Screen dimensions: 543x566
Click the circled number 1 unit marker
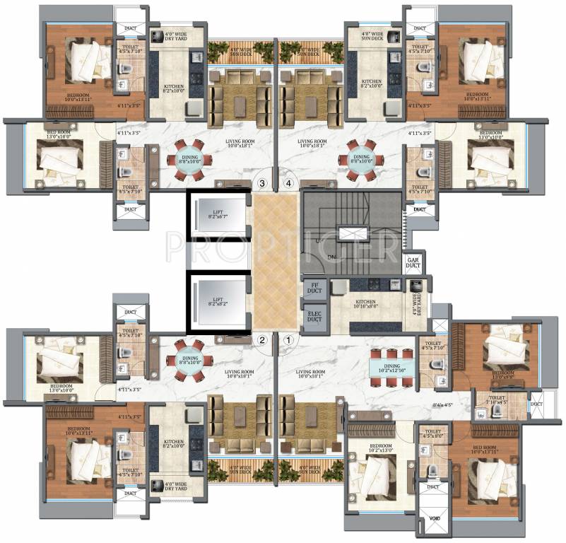click(x=288, y=339)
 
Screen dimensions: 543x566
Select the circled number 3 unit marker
click(x=262, y=184)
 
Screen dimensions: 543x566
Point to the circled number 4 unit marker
click(x=288, y=184)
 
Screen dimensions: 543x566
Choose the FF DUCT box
click(x=312, y=288)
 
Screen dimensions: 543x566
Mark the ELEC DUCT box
click(x=312, y=318)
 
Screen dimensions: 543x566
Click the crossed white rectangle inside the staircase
click(x=350, y=233)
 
